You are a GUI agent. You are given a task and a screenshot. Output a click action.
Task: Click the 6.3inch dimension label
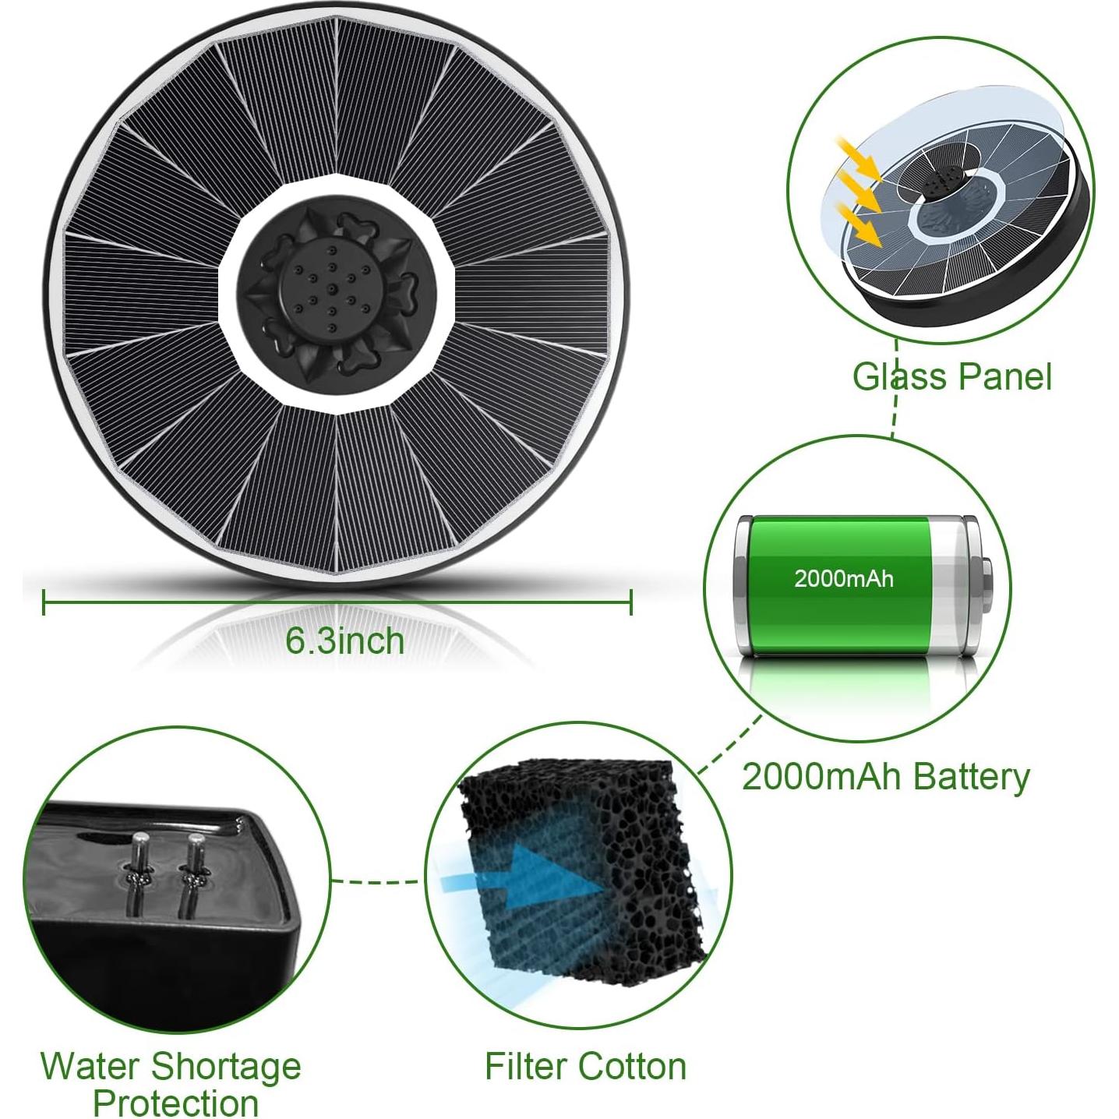point(344,641)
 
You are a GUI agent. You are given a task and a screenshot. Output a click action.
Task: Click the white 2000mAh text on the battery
point(843,579)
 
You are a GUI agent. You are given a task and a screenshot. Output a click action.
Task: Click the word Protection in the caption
point(175,1102)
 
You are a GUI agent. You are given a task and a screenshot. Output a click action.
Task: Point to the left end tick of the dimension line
point(44,602)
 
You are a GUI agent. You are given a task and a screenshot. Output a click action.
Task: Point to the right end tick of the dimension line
point(630,602)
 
